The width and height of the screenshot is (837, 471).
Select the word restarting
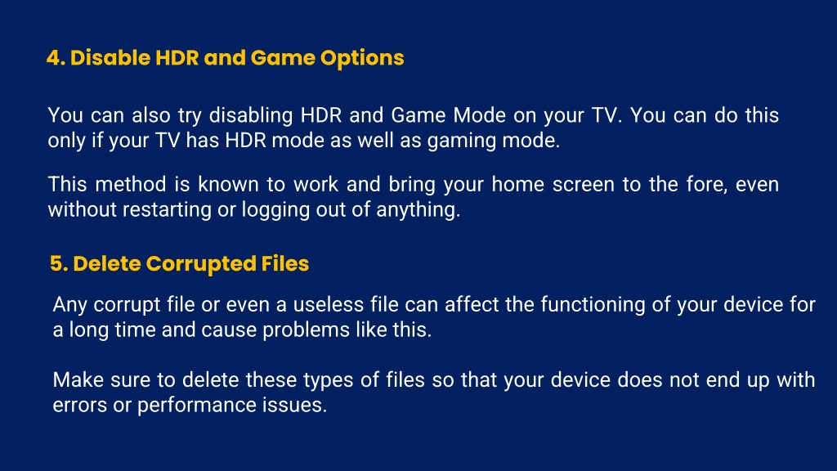click(x=167, y=210)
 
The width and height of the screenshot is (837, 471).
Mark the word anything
click(x=418, y=210)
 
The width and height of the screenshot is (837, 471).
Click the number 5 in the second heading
click(x=58, y=264)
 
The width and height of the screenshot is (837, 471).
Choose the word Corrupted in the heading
click(x=201, y=264)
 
